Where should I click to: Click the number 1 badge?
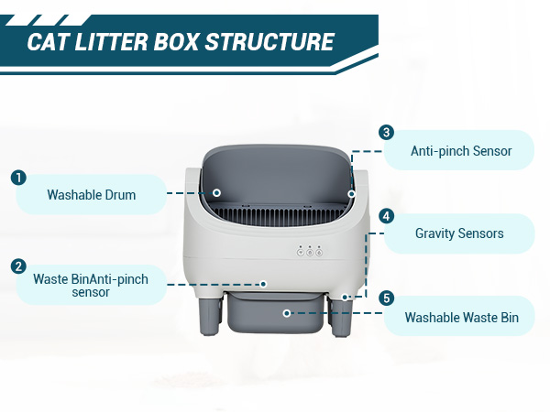[18, 178]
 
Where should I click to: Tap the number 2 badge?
[18, 266]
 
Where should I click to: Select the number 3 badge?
[386, 133]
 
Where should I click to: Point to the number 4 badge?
[386, 216]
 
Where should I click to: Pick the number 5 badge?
[386, 298]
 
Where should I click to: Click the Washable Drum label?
[91, 195]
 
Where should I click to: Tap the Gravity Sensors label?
[459, 233]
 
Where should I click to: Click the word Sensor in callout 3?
[492, 151]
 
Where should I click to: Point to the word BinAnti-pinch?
[109, 279]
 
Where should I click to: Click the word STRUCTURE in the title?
[269, 42]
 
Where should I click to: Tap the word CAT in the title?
[47, 42]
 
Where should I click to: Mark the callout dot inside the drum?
[216, 192]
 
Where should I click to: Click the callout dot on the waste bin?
[287, 313]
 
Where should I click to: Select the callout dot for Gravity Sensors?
[346, 297]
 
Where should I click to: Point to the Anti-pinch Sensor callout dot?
[351, 194]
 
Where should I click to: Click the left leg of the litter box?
[210, 316]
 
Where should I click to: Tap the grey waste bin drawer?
[275, 312]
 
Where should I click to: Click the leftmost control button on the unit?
[301, 252]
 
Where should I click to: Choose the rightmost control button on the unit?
[319, 252]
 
